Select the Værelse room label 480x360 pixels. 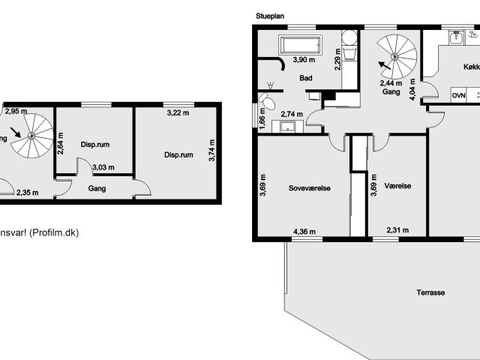click(397, 186)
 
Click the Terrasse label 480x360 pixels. click(431, 292)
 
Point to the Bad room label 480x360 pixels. click(305, 78)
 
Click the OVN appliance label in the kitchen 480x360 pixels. click(458, 96)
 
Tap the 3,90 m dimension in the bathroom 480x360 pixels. click(304, 60)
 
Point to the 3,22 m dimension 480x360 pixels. click(178, 112)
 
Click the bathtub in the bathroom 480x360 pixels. click(300, 43)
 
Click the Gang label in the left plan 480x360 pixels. click(96, 189)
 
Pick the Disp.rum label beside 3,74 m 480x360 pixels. click(179, 155)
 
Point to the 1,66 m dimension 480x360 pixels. click(262, 121)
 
